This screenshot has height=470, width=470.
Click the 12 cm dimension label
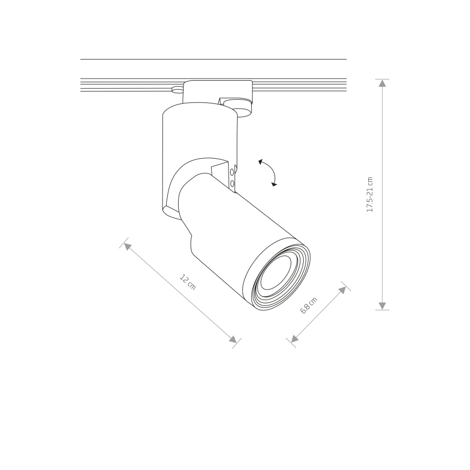click(x=188, y=282)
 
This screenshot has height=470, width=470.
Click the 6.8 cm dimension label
click(x=309, y=305)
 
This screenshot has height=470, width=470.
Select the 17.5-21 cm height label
click(x=370, y=194)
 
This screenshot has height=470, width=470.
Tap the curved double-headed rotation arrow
click(x=267, y=172)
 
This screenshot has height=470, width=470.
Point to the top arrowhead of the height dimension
click(x=382, y=83)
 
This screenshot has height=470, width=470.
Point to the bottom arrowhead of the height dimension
click(x=382, y=306)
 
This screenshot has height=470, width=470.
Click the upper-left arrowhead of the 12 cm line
click(x=127, y=246)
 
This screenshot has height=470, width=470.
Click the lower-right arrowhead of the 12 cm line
click(x=233, y=340)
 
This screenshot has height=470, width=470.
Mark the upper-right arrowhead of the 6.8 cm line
click(x=342, y=290)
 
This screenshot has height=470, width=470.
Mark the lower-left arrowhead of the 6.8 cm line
click(x=295, y=338)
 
